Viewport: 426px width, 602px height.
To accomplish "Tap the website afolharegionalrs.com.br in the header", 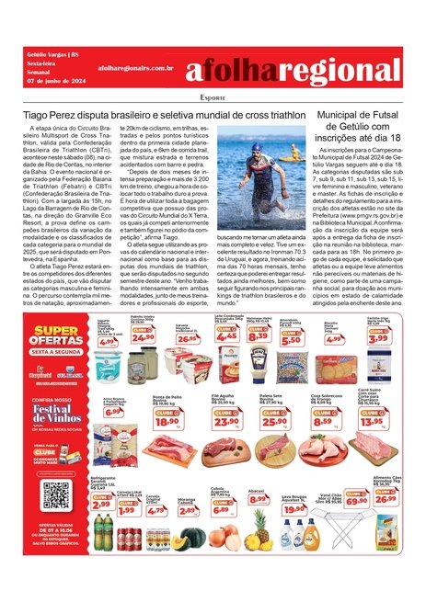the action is tap(135, 68).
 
